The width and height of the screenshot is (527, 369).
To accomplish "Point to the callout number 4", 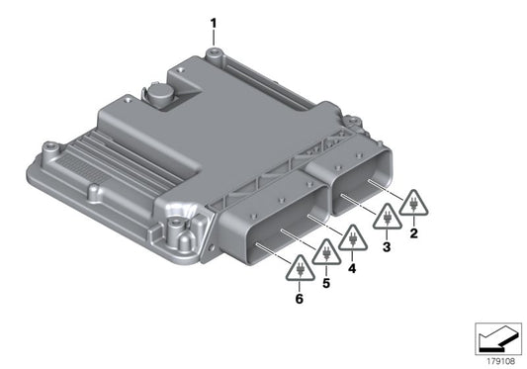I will (353, 268).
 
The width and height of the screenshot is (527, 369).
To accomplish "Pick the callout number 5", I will (324, 283).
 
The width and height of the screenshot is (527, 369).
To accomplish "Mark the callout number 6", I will (297, 296).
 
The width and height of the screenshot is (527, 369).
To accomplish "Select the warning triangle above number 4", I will (351, 238).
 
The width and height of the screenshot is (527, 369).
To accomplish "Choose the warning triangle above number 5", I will (323, 254).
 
